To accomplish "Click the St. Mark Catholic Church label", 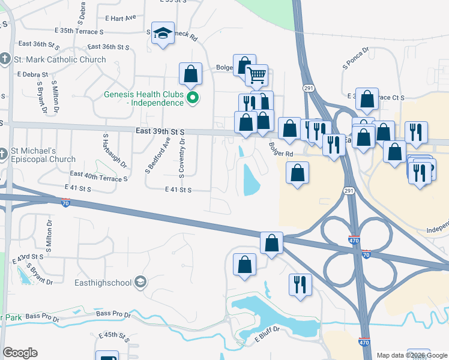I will click(x=59, y=59).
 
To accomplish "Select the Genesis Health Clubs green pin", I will click(x=192, y=98).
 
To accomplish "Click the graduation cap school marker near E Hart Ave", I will click(x=163, y=35).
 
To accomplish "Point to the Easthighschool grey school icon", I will click(x=140, y=281).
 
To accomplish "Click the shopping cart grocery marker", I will click(x=256, y=76).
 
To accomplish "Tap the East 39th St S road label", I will click(x=160, y=131).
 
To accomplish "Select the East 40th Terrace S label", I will click(x=99, y=176).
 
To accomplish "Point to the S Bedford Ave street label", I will click(x=150, y=155).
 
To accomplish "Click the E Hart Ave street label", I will click(x=120, y=17).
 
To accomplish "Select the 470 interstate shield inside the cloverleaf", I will click(x=354, y=241).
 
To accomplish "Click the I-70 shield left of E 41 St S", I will click(x=64, y=203).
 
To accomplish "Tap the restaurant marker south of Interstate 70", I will click(x=300, y=284).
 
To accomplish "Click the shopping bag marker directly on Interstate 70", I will click(x=271, y=243).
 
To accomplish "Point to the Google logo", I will click(x=20, y=353).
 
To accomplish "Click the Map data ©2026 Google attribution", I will click(x=411, y=355).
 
